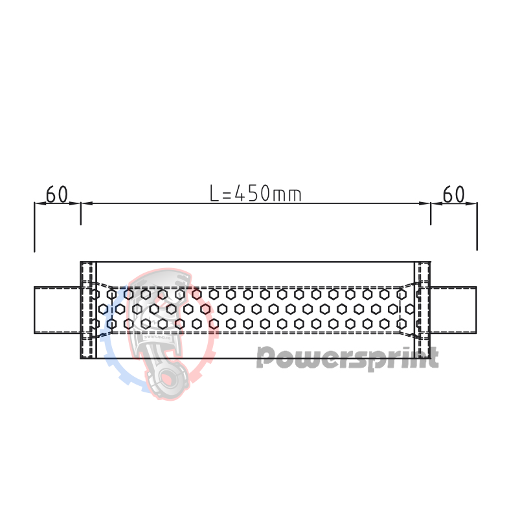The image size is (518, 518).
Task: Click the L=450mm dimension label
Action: pos(256,193)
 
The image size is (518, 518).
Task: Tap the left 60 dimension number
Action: pos(57,194)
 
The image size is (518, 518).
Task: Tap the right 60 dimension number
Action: pos(454,194)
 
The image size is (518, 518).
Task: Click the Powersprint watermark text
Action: pos(347,357)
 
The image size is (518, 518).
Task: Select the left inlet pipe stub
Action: pos(57,310)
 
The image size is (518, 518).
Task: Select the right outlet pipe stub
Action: pos(454,310)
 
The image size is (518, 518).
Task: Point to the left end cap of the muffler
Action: pos(88,310)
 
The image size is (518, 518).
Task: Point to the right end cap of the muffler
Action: pos(423,310)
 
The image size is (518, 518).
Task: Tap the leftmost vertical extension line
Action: pos(34,227)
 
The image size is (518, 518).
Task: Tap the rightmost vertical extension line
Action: pos(477,227)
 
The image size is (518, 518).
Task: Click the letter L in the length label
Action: pos(215,193)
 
